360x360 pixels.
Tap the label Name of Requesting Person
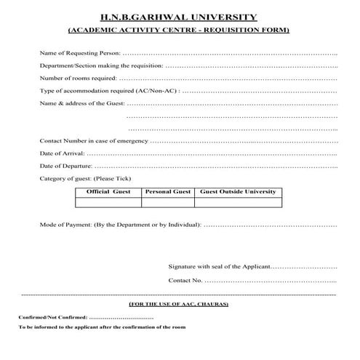point(80,54)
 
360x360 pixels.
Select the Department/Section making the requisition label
point(101,65)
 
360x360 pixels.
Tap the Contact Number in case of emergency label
point(94,140)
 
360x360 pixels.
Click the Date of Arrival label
point(62,153)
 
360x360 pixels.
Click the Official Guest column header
point(108,191)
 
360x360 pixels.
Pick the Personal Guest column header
point(167,191)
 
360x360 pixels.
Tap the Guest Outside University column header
point(238,191)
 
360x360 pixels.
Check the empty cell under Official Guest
point(108,202)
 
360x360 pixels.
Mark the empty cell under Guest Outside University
point(238,202)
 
